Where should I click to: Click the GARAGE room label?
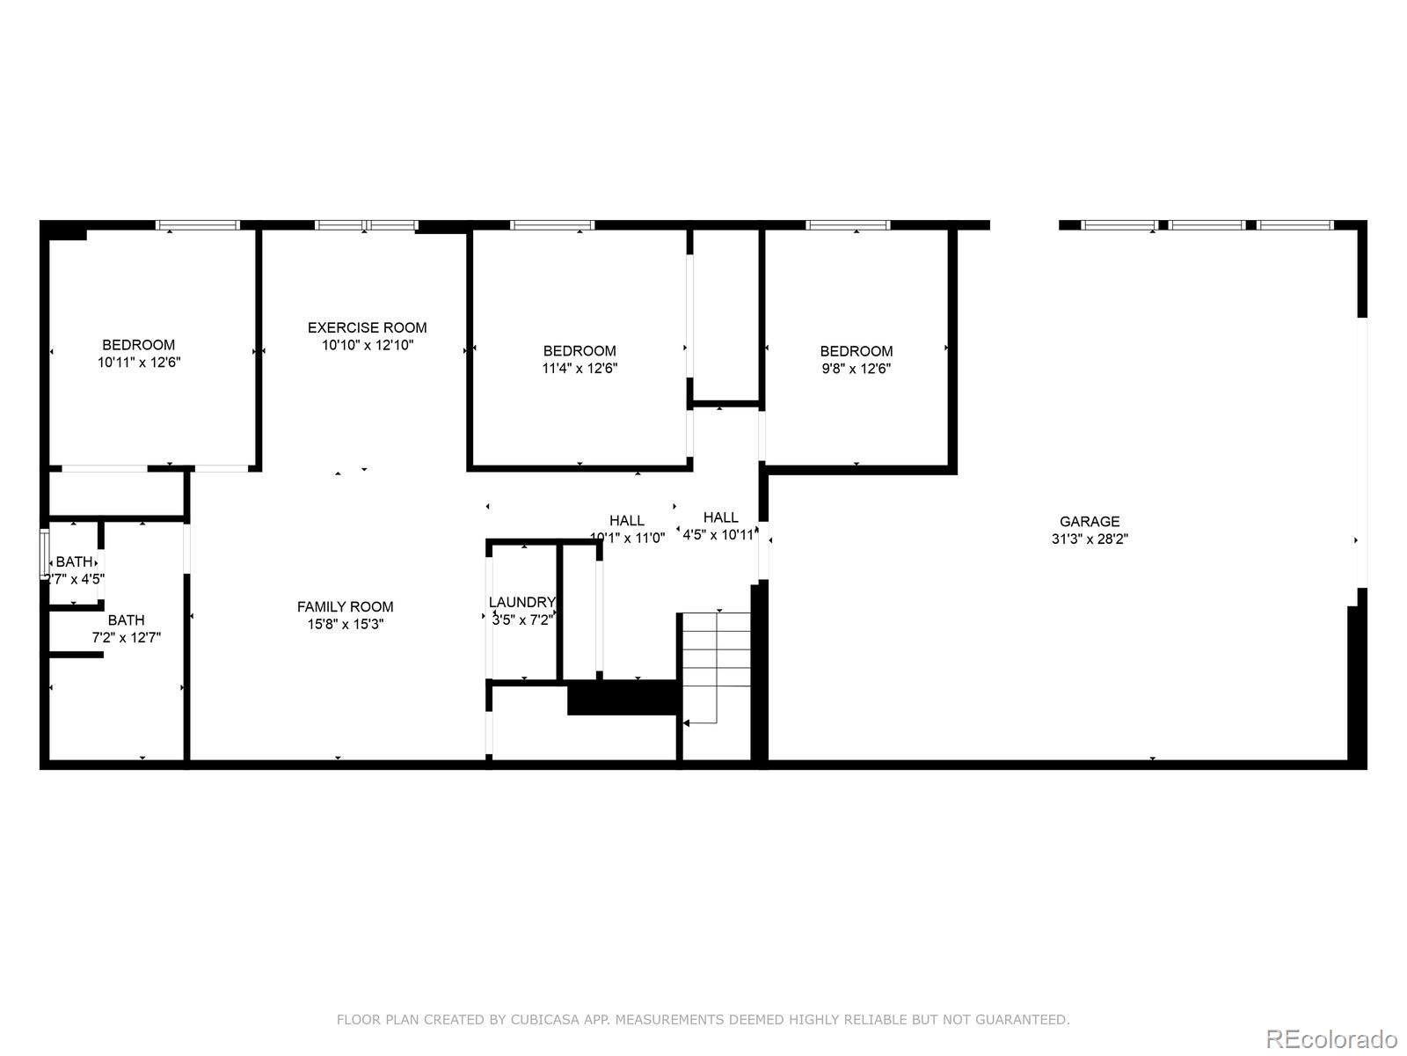(1089, 521)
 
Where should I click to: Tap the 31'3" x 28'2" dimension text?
(1089, 539)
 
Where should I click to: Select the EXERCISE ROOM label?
(367, 327)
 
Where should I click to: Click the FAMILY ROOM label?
(345, 606)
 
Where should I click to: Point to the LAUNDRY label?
(521, 602)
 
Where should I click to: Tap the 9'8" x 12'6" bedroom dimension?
(856, 369)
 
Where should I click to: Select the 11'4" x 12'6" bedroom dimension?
(579, 369)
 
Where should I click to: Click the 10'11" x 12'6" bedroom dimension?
(139, 362)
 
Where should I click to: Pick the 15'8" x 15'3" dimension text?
(345, 624)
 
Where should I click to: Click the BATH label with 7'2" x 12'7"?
(126, 620)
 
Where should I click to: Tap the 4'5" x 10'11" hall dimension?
(718, 534)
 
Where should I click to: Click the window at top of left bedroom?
(198, 225)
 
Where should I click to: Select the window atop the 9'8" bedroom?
(848, 225)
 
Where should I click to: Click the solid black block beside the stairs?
(623, 697)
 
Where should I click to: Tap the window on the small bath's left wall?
(45, 554)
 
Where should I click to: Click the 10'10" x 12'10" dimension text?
(367, 345)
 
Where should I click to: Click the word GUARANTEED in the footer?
(1024, 1020)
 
